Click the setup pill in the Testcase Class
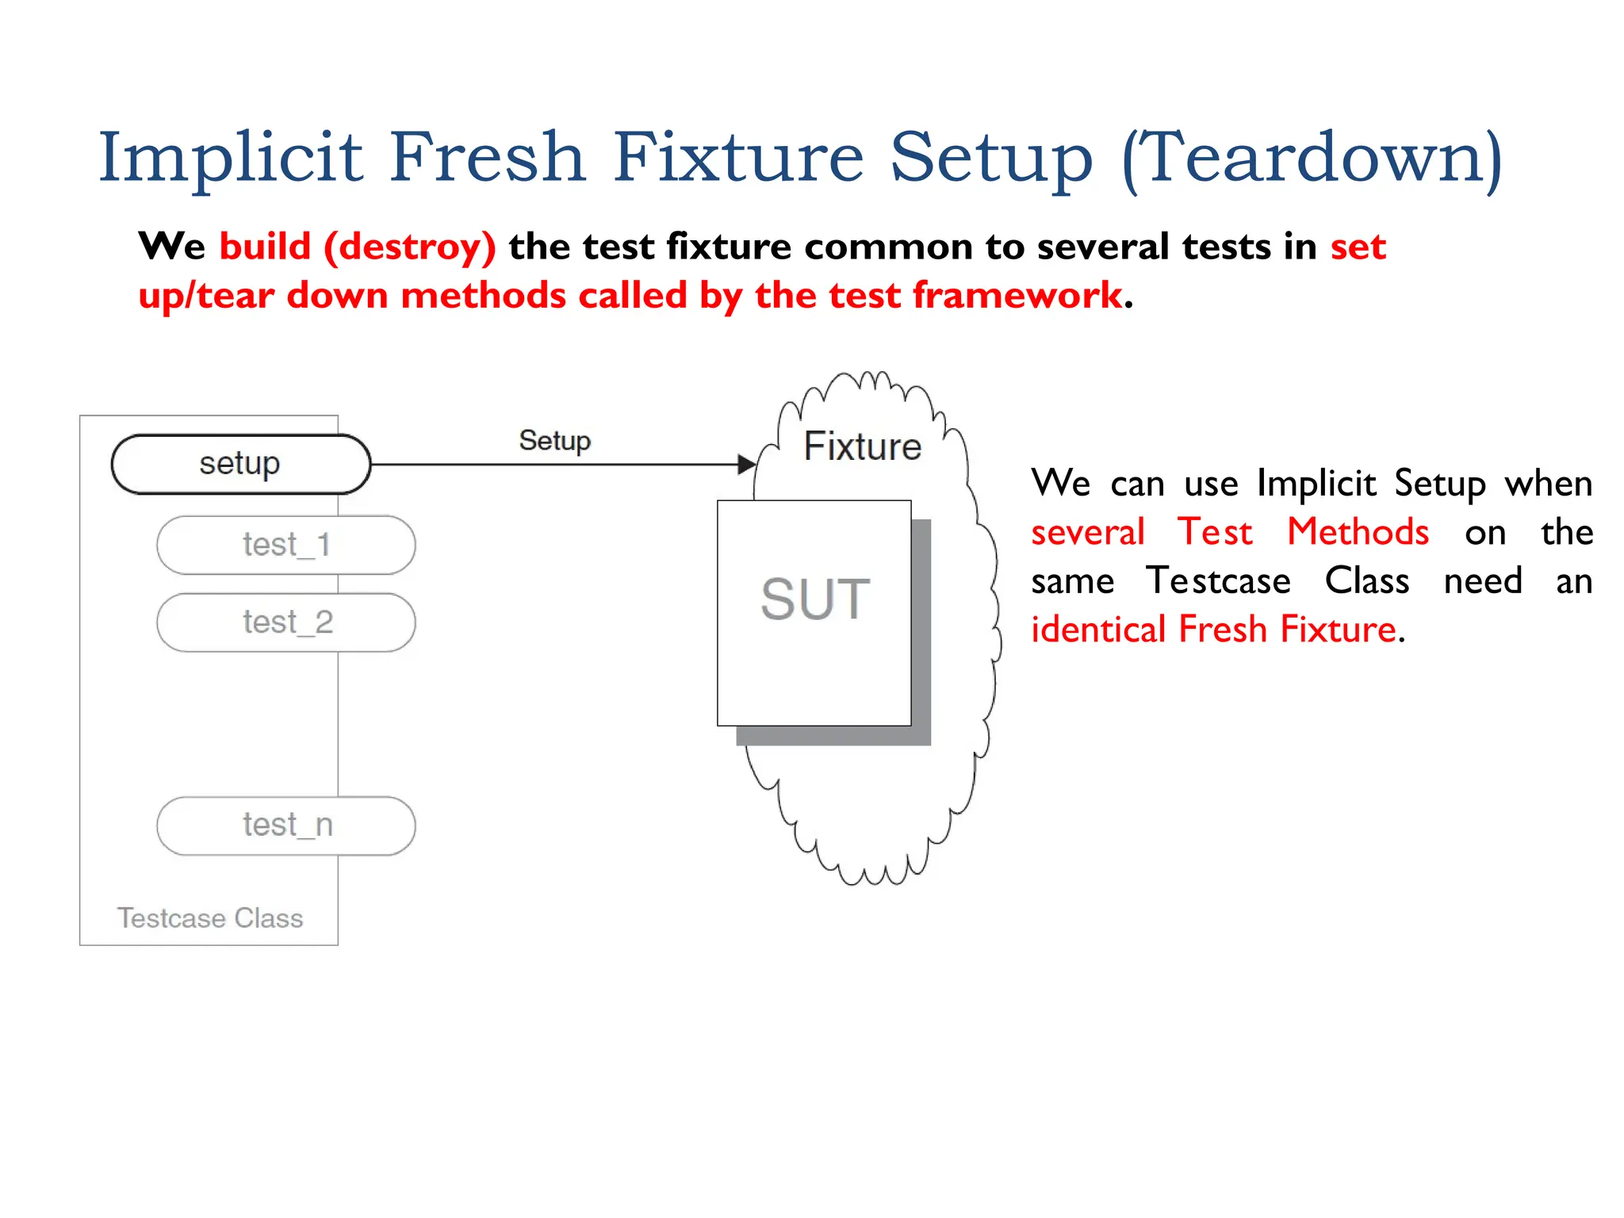240,464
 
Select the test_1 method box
286,546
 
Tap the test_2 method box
286,622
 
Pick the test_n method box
286,825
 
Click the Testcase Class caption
210,918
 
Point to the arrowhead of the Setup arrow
746,465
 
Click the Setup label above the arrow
554,441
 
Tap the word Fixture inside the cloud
863,446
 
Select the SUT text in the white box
815,599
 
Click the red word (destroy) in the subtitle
410,247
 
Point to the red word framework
1017,296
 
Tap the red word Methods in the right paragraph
1358,532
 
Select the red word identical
1098,630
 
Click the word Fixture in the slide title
738,157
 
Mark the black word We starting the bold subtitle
171,247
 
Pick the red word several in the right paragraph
1088,532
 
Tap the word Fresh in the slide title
488,157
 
